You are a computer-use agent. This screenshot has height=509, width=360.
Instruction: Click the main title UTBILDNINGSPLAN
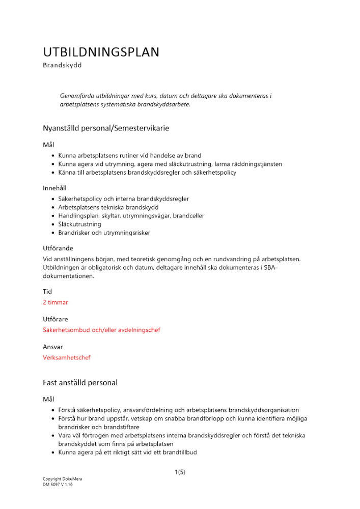101,52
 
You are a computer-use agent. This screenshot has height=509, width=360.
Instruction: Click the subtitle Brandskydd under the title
62,65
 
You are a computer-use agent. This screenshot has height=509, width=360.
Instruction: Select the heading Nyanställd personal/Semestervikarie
106,128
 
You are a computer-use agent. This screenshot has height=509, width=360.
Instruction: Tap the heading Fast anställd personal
80,382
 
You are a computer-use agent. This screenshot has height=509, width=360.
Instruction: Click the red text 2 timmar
56,302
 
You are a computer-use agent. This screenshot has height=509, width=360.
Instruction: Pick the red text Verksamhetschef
67,357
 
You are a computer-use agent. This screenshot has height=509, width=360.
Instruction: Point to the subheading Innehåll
54,188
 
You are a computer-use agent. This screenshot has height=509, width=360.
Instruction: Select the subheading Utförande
58,248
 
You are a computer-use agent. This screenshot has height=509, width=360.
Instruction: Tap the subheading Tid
47,292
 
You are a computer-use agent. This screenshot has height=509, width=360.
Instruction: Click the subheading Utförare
56,319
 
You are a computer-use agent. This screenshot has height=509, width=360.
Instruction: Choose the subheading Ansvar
53,347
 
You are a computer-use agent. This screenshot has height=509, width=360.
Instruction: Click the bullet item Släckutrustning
79,224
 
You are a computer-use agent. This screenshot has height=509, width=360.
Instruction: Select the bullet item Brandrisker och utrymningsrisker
104,233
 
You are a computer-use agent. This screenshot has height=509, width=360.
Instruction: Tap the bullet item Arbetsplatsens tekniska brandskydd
108,207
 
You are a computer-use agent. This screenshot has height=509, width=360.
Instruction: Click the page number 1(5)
180,472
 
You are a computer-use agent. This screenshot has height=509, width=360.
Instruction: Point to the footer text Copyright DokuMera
62,479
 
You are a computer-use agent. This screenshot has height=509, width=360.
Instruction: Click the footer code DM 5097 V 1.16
58,485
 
